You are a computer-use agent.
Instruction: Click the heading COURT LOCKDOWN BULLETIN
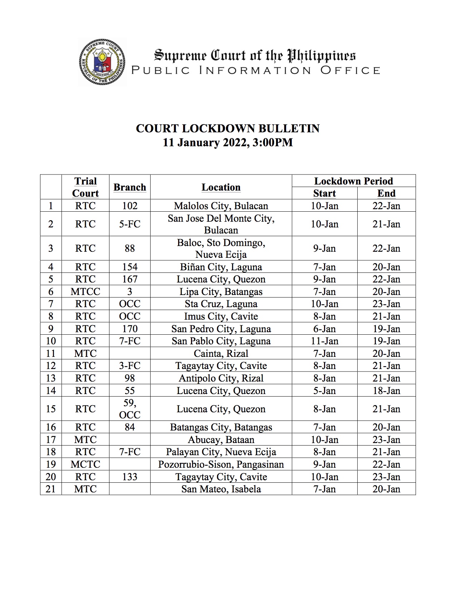(x=227, y=128)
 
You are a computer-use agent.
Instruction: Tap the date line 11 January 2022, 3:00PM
(x=227, y=142)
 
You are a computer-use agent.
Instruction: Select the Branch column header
(x=129, y=187)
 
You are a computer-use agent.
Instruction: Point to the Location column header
(x=221, y=187)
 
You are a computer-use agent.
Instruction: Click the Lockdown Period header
(x=353, y=181)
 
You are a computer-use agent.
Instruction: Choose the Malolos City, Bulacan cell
(x=221, y=206)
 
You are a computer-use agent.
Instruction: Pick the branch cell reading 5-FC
(x=129, y=224)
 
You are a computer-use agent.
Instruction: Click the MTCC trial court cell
(x=85, y=291)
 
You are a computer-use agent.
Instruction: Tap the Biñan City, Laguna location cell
(x=221, y=267)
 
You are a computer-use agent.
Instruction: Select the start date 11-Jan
(x=324, y=341)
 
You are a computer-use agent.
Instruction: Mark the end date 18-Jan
(x=386, y=390)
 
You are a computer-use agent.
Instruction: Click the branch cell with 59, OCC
(x=129, y=409)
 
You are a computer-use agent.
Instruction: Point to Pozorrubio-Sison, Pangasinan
(x=221, y=464)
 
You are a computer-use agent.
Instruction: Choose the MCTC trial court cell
(x=85, y=464)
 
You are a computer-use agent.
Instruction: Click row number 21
(x=51, y=489)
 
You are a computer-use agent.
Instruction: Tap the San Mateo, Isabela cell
(x=221, y=489)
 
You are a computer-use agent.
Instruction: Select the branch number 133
(x=129, y=477)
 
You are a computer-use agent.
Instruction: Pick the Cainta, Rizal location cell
(x=221, y=353)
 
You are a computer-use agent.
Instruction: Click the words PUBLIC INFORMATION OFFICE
(x=255, y=70)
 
